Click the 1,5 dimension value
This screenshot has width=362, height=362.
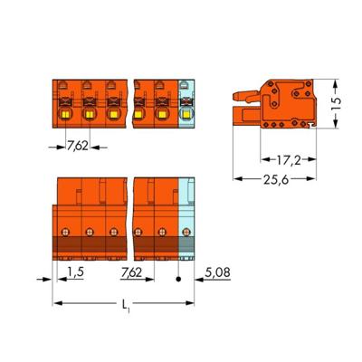coord(77,270)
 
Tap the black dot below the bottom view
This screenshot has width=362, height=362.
coord(179,279)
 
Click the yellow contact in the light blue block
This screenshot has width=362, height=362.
coord(186,115)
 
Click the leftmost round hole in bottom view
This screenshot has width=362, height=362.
coord(66,230)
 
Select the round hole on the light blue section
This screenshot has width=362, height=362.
coord(185,230)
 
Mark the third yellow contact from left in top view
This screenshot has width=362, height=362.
coord(112,115)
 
